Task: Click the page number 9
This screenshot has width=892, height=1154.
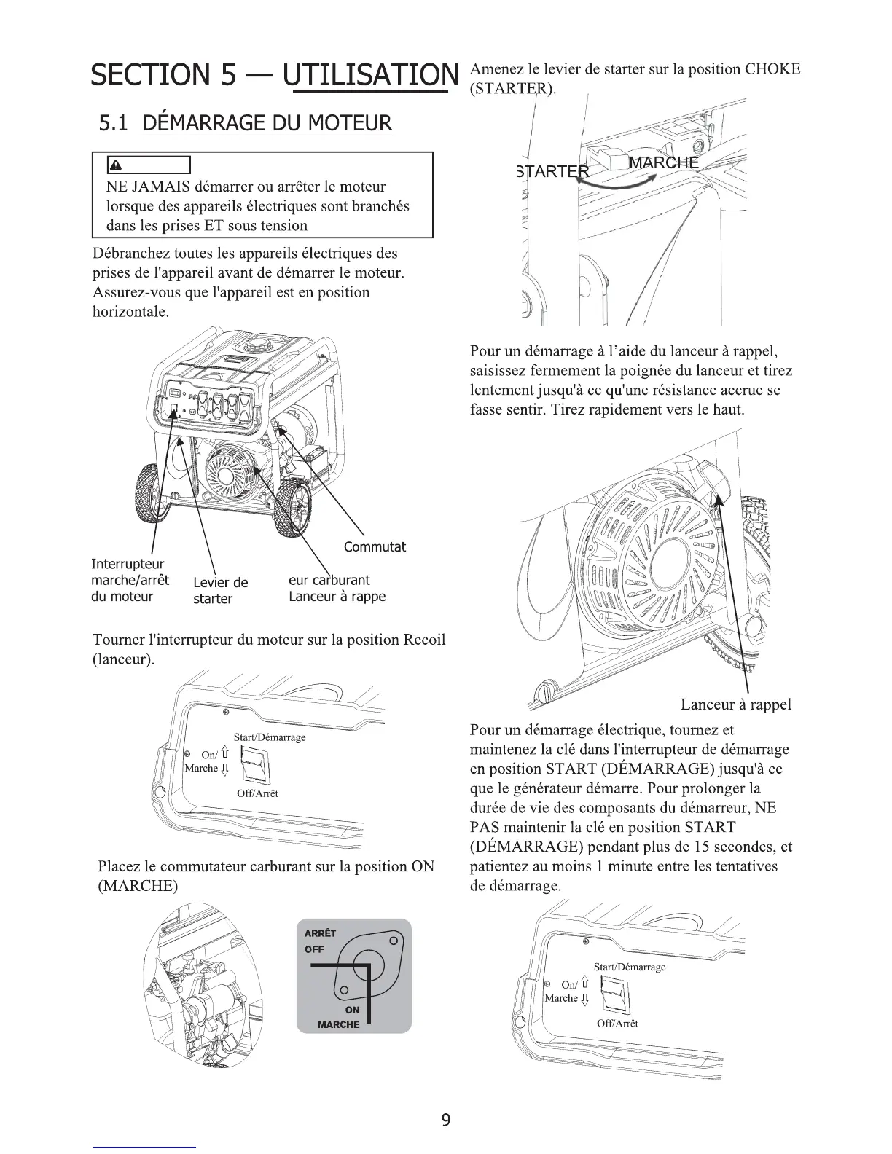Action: click(x=446, y=1120)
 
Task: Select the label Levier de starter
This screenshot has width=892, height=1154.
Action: click(x=220, y=591)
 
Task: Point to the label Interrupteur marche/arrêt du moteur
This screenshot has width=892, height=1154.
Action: click(x=130, y=581)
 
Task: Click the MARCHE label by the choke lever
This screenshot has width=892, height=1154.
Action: click(x=663, y=162)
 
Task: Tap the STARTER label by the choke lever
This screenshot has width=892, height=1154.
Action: click(x=553, y=172)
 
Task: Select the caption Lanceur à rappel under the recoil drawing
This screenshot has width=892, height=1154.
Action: click(x=735, y=704)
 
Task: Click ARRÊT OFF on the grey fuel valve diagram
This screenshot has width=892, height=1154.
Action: click(x=319, y=941)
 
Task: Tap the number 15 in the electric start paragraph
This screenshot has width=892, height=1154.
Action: click(x=713, y=847)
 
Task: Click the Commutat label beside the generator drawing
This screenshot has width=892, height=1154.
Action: click(x=374, y=547)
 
